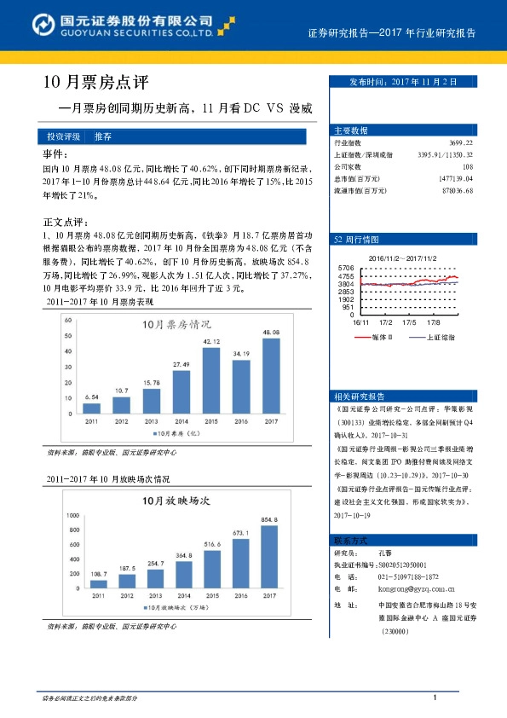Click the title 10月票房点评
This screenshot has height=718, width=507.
pyautogui.click(x=95, y=83)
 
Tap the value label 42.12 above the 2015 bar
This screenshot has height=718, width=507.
pyautogui.click(x=210, y=342)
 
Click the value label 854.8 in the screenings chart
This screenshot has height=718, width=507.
pyautogui.click(x=269, y=519)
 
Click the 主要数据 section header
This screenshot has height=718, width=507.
pyautogui.click(x=351, y=130)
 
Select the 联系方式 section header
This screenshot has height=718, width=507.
pyautogui.click(x=351, y=541)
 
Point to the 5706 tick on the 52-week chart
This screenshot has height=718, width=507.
pyautogui.click(x=346, y=268)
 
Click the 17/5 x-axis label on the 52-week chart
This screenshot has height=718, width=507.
pyautogui.click(x=409, y=321)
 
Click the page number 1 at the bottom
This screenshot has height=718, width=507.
pyautogui.click(x=435, y=698)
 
